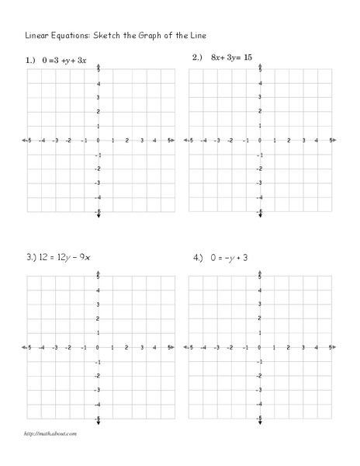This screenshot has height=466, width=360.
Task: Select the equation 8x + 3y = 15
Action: click(x=232, y=58)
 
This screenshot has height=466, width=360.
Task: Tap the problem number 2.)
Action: click(x=197, y=58)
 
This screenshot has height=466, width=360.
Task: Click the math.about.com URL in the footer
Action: click(x=50, y=433)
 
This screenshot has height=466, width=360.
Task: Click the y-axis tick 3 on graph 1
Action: click(x=98, y=98)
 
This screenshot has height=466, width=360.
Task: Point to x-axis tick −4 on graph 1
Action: click(x=42, y=141)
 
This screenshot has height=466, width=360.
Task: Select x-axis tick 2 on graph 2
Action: click(x=288, y=141)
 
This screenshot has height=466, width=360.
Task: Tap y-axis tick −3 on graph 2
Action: click(x=260, y=183)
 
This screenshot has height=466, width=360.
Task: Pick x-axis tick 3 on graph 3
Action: click(x=141, y=349)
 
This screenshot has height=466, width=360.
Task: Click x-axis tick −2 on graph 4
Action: click(x=232, y=349)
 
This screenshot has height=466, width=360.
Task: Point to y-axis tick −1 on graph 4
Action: click(x=260, y=362)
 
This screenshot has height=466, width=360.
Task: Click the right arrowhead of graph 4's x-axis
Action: click(x=333, y=348)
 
